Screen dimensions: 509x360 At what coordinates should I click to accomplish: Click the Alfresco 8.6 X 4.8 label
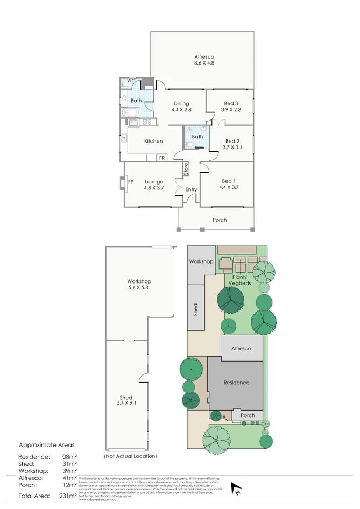pos(204,60)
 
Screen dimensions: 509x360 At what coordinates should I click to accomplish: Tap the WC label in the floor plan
pos(130,81)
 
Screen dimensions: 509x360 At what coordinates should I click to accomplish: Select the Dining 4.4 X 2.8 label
pos(181,107)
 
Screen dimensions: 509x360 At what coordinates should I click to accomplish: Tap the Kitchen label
pos(153,141)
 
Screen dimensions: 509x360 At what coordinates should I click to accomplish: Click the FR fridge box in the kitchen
pos(161,158)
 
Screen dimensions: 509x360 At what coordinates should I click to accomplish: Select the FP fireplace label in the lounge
pos(130,182)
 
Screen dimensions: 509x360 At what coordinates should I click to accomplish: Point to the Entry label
pos(191,189)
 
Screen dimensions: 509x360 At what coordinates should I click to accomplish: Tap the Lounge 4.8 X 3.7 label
pos(153,185)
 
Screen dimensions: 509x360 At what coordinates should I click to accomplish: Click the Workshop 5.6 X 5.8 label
pos(139,285)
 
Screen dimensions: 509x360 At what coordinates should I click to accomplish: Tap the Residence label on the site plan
pos(237,383)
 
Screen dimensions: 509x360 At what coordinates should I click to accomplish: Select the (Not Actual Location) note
pos(130,456)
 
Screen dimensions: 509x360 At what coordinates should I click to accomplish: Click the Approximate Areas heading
pos(47,445)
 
